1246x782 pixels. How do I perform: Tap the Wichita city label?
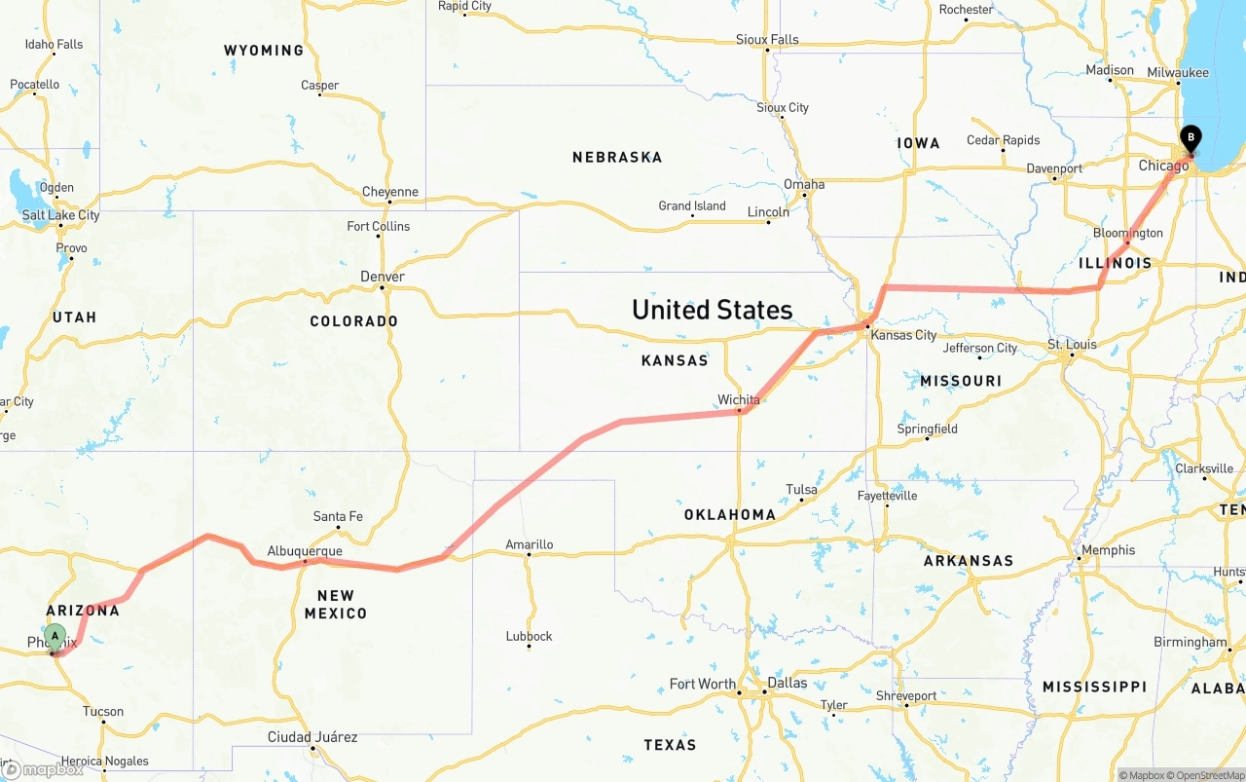pyautogui.click(x=738, y=399)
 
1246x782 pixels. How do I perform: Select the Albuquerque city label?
pyautogui.click(x=305, y=551)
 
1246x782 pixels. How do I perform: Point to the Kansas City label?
pyautogui.click(x=903, y=335)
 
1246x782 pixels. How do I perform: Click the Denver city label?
pyautogui.click(x=383, y=277)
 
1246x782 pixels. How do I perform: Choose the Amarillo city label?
pyautogui.click(x=530, y=545)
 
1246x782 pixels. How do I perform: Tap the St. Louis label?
pyautogui.click(x=1072, y=345)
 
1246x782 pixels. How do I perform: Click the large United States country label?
pyautogui.click(x=712, y=310)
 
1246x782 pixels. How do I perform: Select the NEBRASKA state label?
pyautogui.click(x=617, y=157)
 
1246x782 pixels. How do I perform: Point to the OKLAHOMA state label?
pyautogui.click(x=729, y=514)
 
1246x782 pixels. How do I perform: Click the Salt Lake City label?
pyautogui.click(x=60, y=215)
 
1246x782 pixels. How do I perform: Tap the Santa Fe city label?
pyautogui.click(x=338, y=516)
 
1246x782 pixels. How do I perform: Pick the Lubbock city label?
pyautogui.click(x=529, y=636)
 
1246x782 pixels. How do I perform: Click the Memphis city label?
pyautogui.click(x=1108, y=550)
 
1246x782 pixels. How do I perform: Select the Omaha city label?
pyautogui.click(x=804, y=184)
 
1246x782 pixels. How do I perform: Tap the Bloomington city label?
pyautogui.click(x=1127, y=233)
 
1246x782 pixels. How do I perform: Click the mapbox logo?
pyautogui.click(x=42, y=769)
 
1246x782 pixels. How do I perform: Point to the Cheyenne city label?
pyautogui.click(x=389, y=192)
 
